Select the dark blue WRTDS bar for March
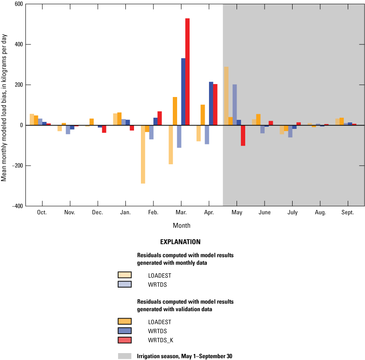point(183,92)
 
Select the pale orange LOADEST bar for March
point(171,145)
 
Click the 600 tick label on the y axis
point(19,4)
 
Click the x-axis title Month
point(181,225)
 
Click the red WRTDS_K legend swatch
point(125,341)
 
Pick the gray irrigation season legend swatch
point(125,356)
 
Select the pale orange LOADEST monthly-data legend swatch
point(125,275)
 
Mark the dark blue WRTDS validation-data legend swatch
point(125,331)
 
